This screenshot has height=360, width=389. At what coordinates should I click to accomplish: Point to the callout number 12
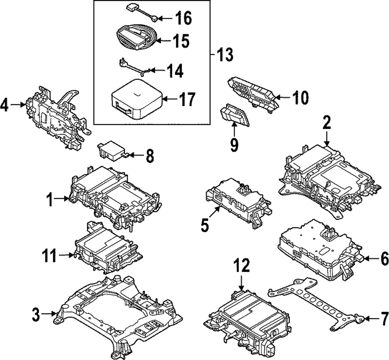242,268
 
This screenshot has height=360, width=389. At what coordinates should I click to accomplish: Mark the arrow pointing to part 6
370,258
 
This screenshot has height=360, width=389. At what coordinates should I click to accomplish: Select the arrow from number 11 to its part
66,255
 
